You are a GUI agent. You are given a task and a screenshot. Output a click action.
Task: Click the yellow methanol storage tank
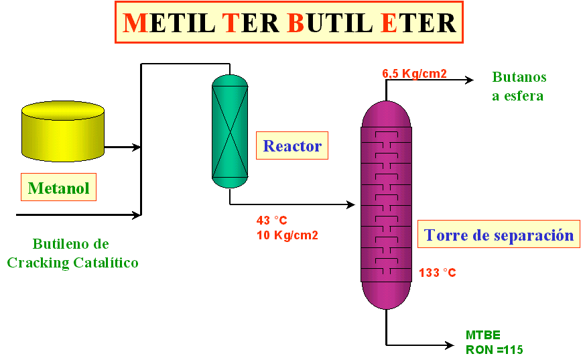pos(63,131)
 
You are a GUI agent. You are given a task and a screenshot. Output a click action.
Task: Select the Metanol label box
pos(58,187)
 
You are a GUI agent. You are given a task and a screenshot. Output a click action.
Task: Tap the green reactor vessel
pos(230,131)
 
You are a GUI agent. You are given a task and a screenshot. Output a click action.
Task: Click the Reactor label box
pos(292,145)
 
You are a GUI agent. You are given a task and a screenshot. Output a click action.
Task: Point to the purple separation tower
pos(386,205)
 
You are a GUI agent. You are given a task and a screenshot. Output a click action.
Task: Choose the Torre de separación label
pos(499,234)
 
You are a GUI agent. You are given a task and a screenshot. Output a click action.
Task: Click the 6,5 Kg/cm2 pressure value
pos(414,74)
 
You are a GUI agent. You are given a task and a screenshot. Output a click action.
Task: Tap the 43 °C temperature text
pos(271,221)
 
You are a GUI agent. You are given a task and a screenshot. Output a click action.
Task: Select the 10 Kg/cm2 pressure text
pos(287,235)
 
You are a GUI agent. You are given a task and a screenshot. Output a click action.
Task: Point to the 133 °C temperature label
pos(437,273)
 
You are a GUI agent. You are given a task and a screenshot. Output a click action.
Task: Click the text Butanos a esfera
pos(519,86)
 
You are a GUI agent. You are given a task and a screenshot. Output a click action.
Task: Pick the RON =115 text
pos(495,350)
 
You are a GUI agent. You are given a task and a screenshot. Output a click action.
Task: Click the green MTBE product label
pos(482,335)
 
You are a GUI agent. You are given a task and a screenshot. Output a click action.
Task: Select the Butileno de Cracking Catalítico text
pos(72,253)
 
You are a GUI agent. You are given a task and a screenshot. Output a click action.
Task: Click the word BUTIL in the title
pos(330,23)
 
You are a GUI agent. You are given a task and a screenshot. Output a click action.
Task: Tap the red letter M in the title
pos(135,23)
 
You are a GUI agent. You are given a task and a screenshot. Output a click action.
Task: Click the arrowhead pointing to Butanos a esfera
pos(470,80)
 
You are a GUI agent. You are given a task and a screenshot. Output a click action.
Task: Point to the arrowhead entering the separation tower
pos(350,204)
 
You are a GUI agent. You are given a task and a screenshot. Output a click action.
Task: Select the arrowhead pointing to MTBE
pos(450,345)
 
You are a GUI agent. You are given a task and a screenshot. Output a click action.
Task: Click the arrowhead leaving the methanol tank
pos(136,147)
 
